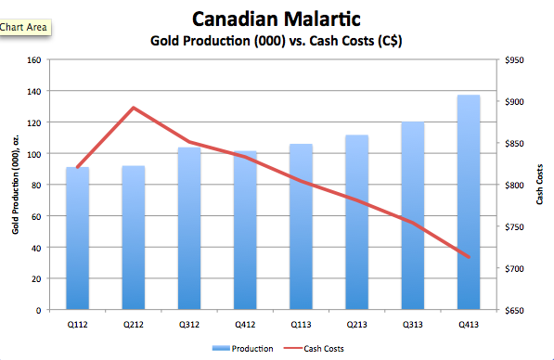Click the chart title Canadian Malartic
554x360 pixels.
(277, 19)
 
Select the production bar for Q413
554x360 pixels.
(469, 202)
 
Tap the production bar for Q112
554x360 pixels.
(77, 238)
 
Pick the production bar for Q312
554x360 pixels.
(189, 228)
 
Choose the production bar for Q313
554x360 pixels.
(413, 216)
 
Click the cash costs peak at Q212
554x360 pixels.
(134, 108)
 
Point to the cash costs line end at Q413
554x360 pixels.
(469, 257)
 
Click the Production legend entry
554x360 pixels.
(243, 349)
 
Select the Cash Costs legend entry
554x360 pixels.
(314, 349)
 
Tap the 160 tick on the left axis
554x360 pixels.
(34, 60)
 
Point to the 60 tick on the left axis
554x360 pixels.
(36, 216)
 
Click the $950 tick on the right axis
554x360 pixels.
(514, 60)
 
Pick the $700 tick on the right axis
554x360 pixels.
(514, 269)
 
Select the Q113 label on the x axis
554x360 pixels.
(301, 325)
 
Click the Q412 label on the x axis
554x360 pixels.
(245, 325)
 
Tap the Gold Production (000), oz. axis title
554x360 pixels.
(15, 185)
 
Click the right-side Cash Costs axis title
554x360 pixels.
(539, 184)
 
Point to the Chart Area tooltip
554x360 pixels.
(24, 27)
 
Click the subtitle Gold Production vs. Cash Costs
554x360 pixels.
(277, 41)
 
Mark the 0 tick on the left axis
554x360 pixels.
(39, 311)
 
